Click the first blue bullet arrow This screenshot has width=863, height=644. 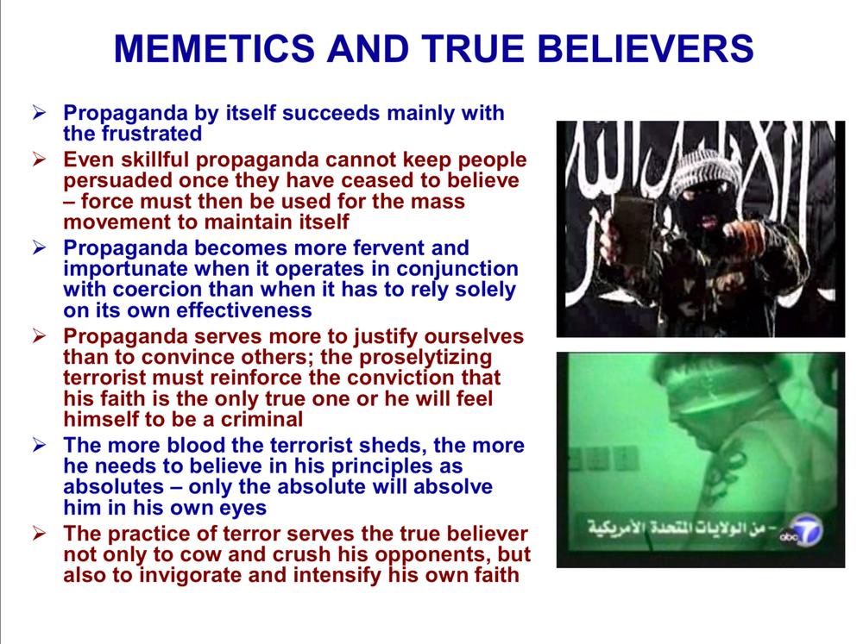39,113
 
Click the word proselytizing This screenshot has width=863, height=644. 425,358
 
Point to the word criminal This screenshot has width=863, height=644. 261,420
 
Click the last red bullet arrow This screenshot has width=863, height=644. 39,534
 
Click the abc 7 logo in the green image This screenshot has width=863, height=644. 802,531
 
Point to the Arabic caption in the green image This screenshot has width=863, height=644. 682,528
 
